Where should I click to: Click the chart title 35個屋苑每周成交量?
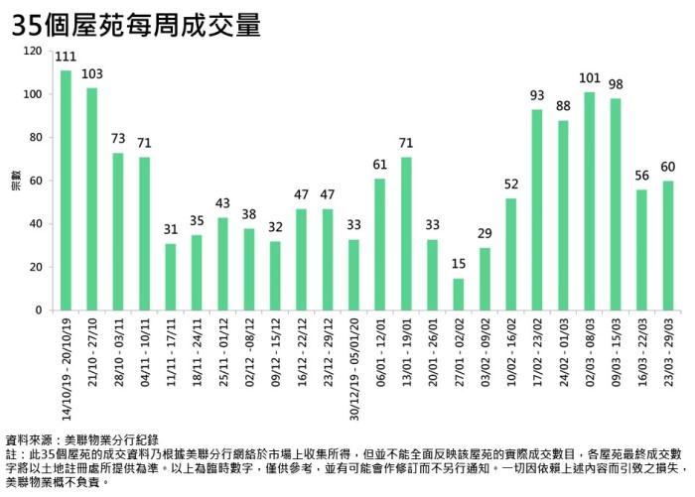coord(136,25)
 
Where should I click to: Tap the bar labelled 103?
coord(91,198)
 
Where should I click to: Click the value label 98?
coord(615,85)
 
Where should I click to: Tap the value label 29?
coord(486,235)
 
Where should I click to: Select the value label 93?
coord(537,96)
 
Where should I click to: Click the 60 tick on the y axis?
coord(36,181)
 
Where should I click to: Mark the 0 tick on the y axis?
coord(39,311)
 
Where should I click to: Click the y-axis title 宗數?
coord(14,181)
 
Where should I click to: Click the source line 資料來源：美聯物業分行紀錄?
coord(82,438)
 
